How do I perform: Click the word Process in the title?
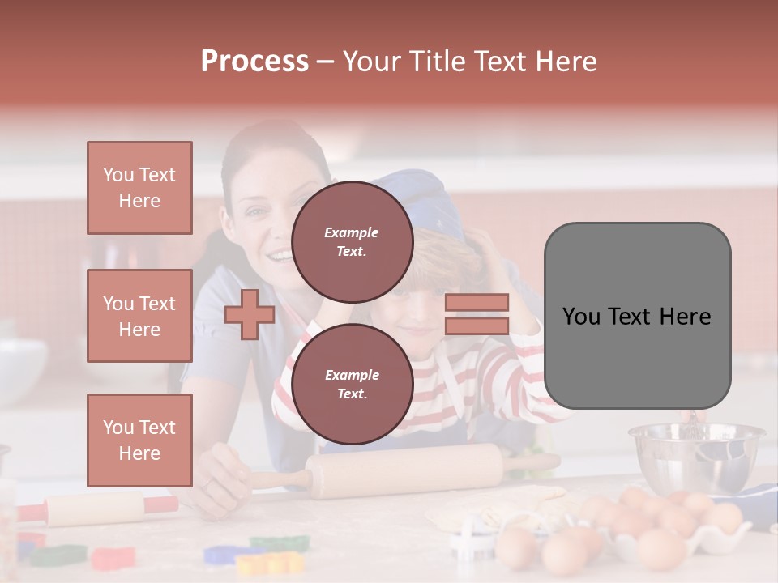click(x=254, y=62)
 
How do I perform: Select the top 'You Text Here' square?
click(x=139, y=188)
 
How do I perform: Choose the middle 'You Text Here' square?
click(x=139, y=316)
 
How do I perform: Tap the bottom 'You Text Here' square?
click(x=139, y=440)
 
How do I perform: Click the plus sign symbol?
click(x=250, y=314)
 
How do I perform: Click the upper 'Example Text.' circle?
click(x=352, y=241)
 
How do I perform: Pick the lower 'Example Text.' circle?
click(x=352, y=384)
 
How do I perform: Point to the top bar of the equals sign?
click(x=477, y=302)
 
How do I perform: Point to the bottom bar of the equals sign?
click(x=477, y=326)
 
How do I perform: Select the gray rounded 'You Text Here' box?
click(x=637, y=316)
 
